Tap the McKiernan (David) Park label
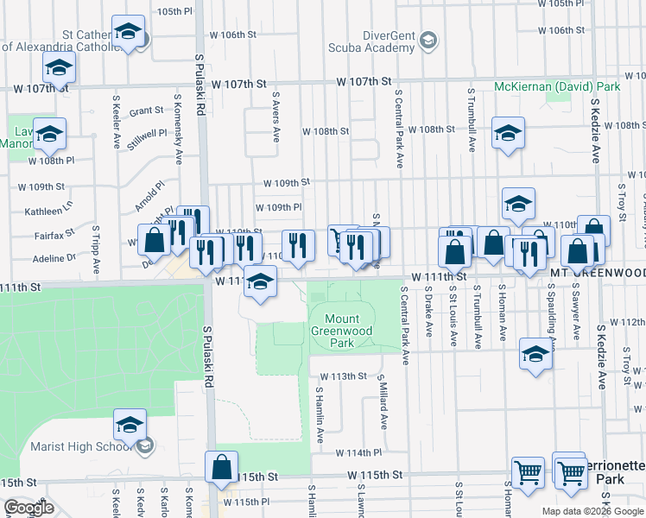point(557,87)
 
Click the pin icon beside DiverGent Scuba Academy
point(427,40)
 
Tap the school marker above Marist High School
point(130,426)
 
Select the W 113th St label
point(344,376)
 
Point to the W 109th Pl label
point(278,208)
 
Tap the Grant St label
point(146,111)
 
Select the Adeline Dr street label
point(54,258)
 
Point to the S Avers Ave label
point(276,117)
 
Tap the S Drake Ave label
point(428,316)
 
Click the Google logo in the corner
point(28,508)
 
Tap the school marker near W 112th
point(535,354)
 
